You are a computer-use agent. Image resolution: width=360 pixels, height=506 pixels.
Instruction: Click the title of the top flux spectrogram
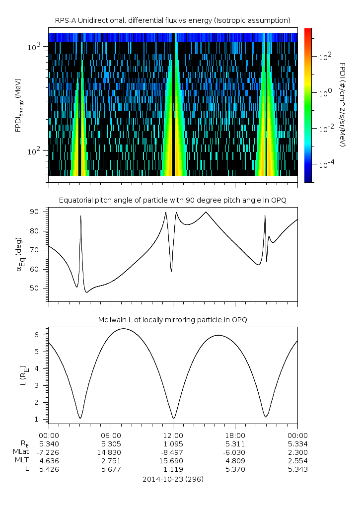click(172, 20)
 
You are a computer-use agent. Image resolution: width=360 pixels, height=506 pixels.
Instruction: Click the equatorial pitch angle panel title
click(172, 200)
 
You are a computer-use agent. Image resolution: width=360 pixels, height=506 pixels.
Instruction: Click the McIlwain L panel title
click(172, 320)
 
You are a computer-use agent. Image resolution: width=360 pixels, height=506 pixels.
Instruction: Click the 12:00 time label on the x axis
click(173, 434)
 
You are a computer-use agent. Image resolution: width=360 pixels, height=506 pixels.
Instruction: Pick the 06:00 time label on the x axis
click(111, 434)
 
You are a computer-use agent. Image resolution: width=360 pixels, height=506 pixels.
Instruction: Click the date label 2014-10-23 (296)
click(173, 479)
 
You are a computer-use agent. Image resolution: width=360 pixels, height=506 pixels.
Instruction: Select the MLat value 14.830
click(111, 452)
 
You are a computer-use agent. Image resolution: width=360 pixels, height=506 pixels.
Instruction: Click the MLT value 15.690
click(173, 461)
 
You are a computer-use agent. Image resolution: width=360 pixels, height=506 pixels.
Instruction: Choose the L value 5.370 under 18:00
click(235, 469)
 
